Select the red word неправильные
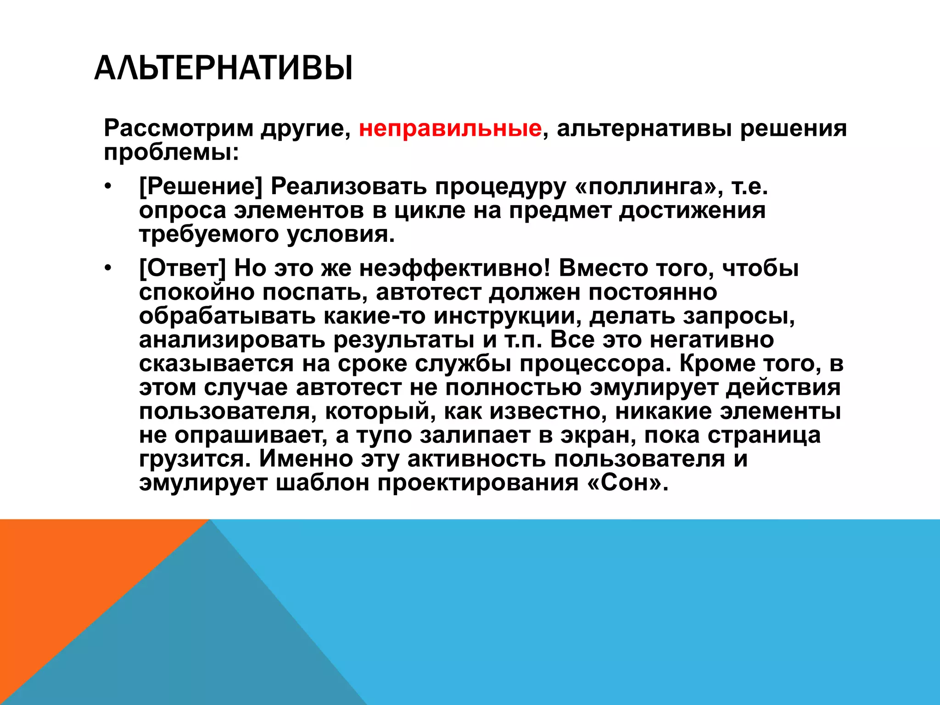tap(450, 129)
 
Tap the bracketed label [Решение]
tap(201, 186)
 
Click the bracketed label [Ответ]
tap(183, 269)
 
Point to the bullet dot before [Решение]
tap(107, 187)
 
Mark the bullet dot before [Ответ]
tap(107, 269)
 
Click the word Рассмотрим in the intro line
tap(179, 129)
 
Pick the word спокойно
tap(196, 292)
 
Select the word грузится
tap(195, 459)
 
